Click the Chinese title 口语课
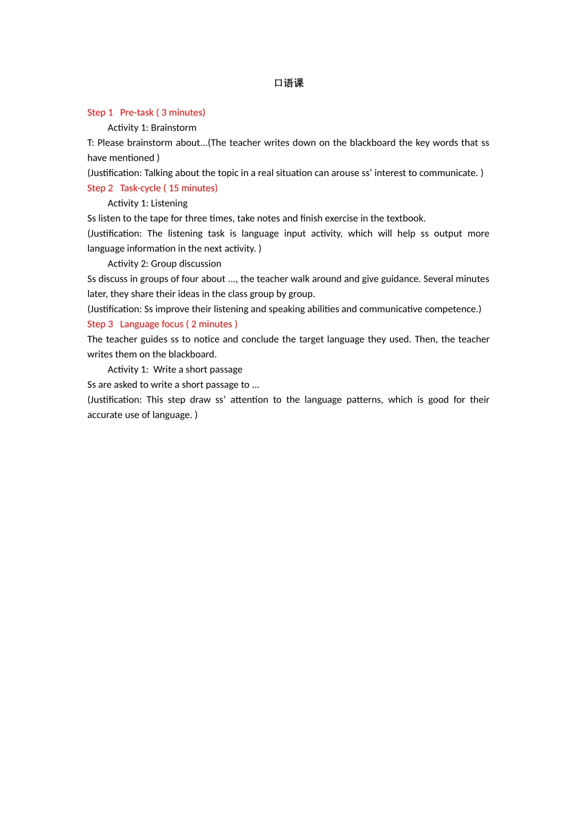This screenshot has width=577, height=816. click(288, 83)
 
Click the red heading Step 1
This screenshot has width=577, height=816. click(100, 112)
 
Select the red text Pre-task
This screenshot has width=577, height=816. click(137, 112)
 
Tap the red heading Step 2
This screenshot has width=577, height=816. click(100, 188)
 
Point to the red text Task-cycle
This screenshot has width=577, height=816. click(140, 188)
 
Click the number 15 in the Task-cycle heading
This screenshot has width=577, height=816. click(174, 188)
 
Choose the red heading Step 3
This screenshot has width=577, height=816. click(100, 324)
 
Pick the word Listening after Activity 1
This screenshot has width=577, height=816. click(169, 203)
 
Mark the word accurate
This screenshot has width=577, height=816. click(104, 415)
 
